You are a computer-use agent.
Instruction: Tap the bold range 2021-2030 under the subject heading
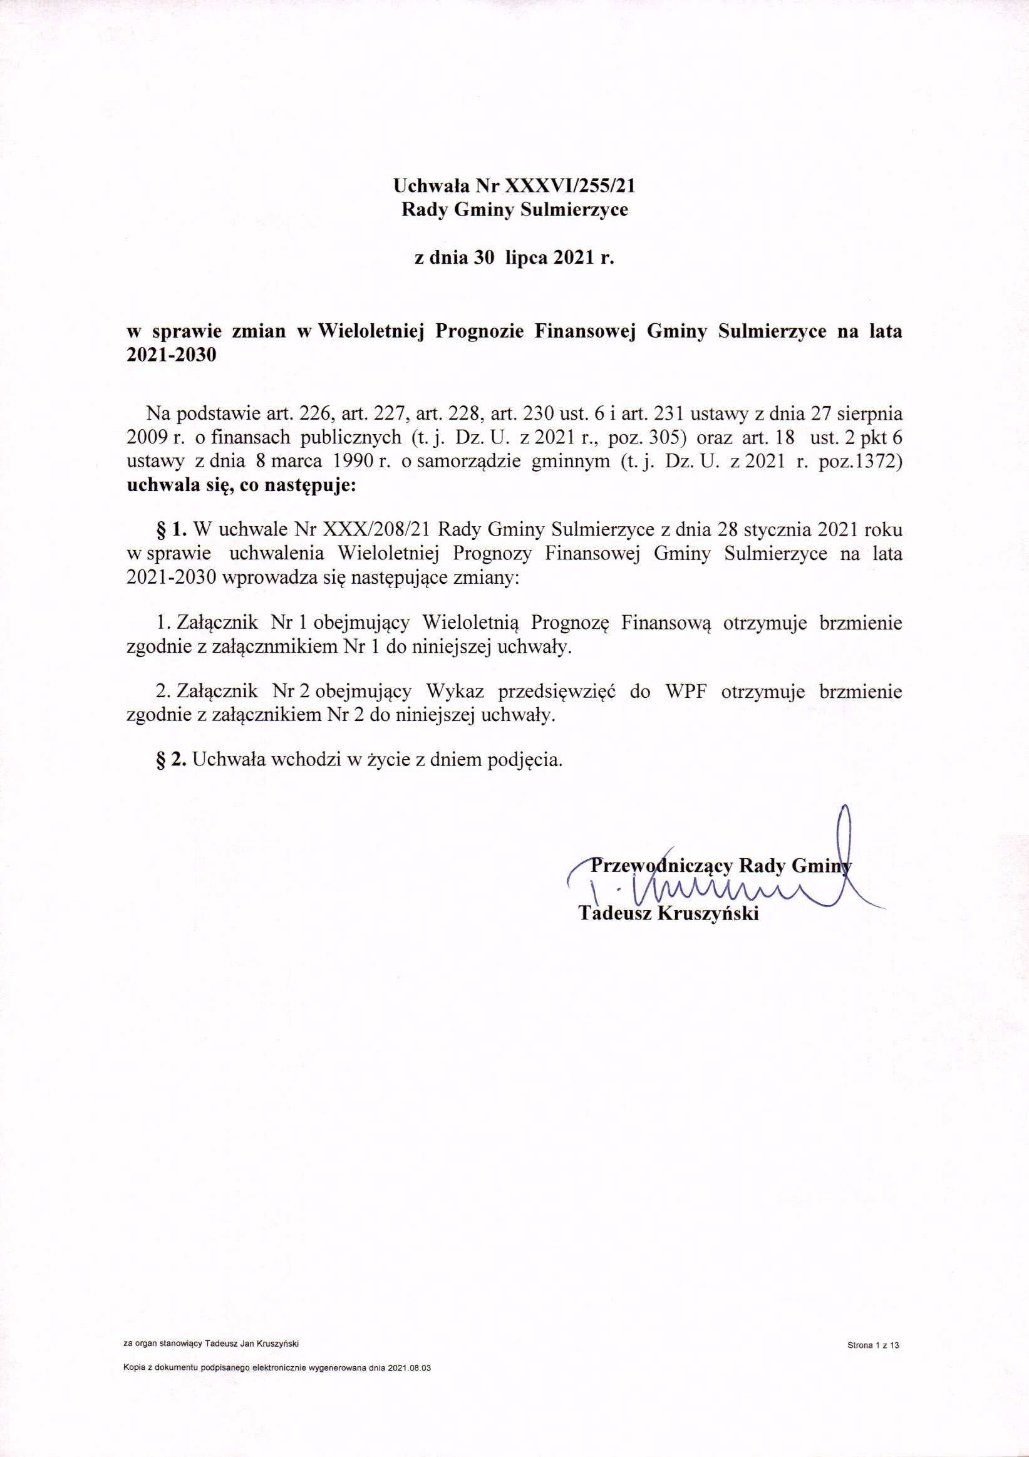(x=171, y=355)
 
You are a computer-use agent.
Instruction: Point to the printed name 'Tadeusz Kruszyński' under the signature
(x=668, y=914)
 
